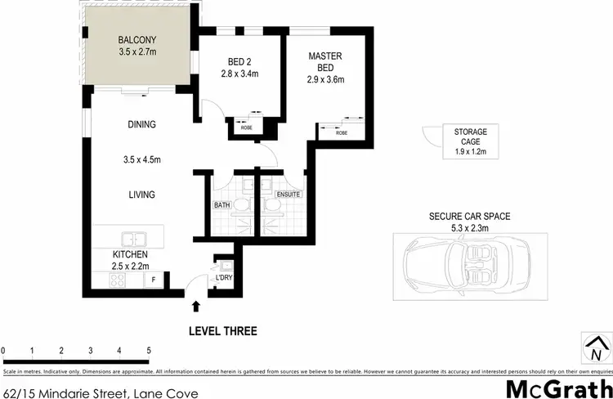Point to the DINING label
point(141,124)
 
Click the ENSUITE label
point(289,195)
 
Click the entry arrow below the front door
point(195,307)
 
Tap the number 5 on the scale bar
point(149,350)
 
